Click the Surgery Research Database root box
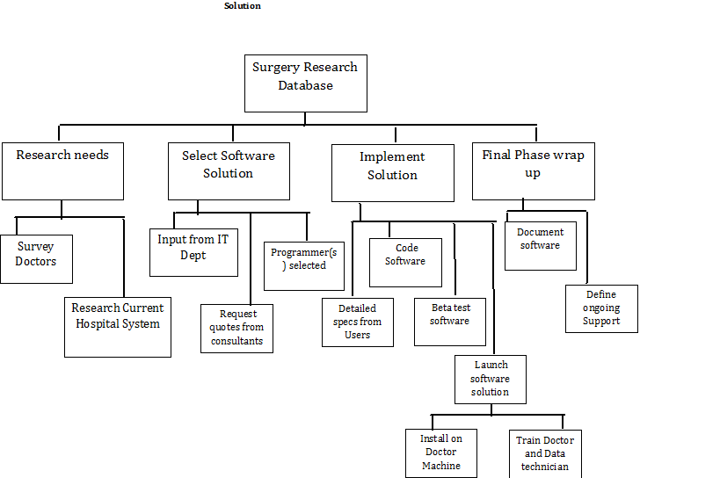pos(305,83)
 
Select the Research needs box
pos(62,170)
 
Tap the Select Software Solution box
pos(229,170)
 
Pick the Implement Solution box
pos(392,172)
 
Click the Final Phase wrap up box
pos(533,171)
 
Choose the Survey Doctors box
pos(36,257)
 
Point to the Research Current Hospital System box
pos(117,327)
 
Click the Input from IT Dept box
pos(193,251)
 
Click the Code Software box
pos(405,262)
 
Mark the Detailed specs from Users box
pos(357,322)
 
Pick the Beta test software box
pos(449,321)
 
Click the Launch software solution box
pos(490,379)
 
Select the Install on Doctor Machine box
pos(441,453)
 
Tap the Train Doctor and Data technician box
pos(545,453)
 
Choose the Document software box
pos(540,245)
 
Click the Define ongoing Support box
pos(601,308)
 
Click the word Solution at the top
pos(242,6)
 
